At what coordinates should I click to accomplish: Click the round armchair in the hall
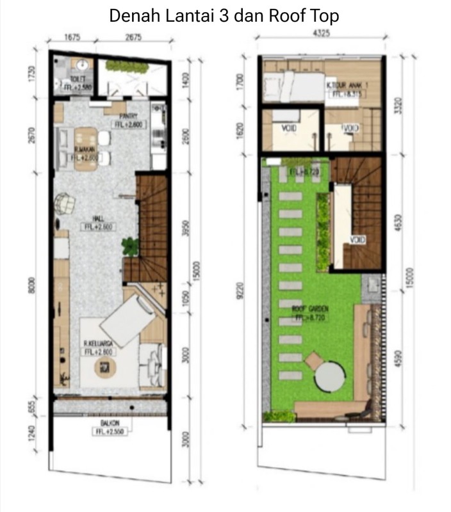click(x=65, y=204)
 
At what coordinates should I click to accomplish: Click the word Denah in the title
click(x=131, y=15)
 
